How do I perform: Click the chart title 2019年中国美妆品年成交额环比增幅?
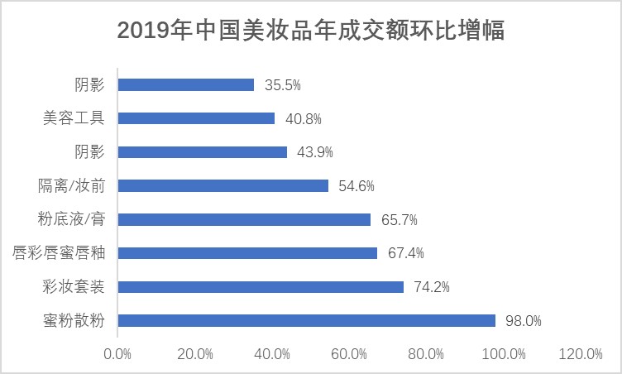tap(311, 31)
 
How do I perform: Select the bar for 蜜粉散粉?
tap(307, 320)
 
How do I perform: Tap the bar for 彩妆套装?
tap(261, 286)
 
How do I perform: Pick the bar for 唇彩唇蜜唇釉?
tap(248, 252)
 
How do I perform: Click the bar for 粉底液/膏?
tap(245, 219)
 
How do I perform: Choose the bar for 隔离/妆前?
tap(223, 185)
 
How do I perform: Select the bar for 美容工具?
tap(197, 118)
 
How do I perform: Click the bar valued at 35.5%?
tap(186, 84)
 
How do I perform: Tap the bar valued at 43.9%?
tap(203, 152)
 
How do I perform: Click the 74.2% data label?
tap(431, 286)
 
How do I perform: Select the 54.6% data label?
tap(356, 185)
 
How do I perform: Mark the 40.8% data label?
tap(303, 118)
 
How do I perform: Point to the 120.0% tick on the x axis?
tap(581, 354)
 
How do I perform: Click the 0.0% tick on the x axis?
tap(117, 354)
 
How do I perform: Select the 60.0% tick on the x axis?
tap(349, 354)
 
